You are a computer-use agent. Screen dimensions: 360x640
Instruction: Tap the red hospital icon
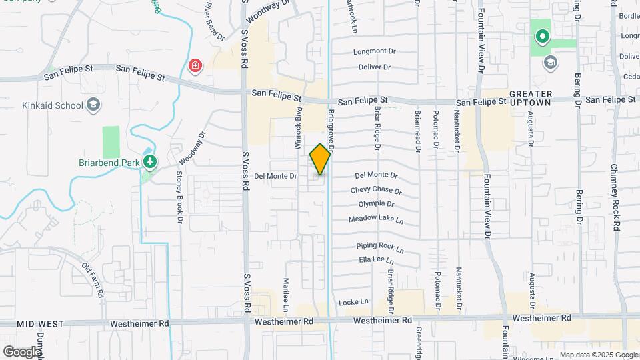195,65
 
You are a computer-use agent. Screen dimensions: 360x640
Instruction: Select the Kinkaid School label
52,105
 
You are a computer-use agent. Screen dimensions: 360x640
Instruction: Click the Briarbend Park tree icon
151,161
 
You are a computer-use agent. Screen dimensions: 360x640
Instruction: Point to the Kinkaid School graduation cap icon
94,105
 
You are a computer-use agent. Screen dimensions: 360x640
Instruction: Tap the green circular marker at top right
542,37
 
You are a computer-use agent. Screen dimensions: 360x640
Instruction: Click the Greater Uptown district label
530,97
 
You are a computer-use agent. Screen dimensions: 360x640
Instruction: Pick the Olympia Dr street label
376,204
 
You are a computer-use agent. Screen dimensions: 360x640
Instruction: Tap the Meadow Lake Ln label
376,219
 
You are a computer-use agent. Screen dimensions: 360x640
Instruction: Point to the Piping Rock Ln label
381,246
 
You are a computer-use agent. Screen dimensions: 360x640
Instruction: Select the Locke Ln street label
353,302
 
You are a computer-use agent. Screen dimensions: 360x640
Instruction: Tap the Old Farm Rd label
93,280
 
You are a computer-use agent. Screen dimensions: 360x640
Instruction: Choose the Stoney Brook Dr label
179,193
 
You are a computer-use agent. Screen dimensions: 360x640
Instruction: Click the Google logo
21,351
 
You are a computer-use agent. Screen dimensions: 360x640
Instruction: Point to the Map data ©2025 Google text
598,355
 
